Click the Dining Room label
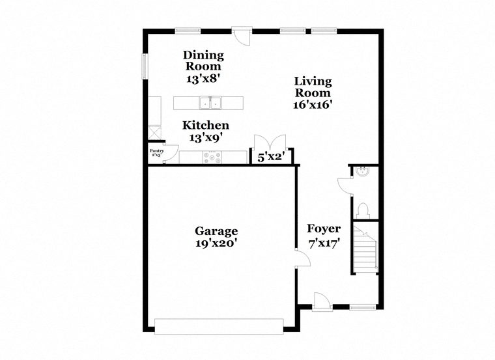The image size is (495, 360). [203, 61]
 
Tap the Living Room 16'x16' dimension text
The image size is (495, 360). [313, 104]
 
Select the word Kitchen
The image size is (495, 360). [206, 125]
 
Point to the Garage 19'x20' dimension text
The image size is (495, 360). [216, 243]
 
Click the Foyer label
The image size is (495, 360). [324, 228]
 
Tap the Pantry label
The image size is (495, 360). [156, 151]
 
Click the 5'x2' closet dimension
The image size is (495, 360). [271, 157]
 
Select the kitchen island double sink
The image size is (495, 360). [210, 103]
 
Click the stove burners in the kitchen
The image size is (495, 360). [212, 158]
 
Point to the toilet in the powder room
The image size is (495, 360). [363, 210]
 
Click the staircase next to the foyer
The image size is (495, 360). [365, 248]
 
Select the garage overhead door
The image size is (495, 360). [219, 326]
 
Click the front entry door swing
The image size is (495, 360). [322, 301]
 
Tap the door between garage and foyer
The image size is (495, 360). [303, 258]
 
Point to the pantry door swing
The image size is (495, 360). [171, 154]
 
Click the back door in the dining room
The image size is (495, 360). [242, 36]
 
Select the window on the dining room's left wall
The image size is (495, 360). [145, 66]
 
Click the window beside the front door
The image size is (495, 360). [363, 307]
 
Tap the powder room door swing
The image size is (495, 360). [345, 186]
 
